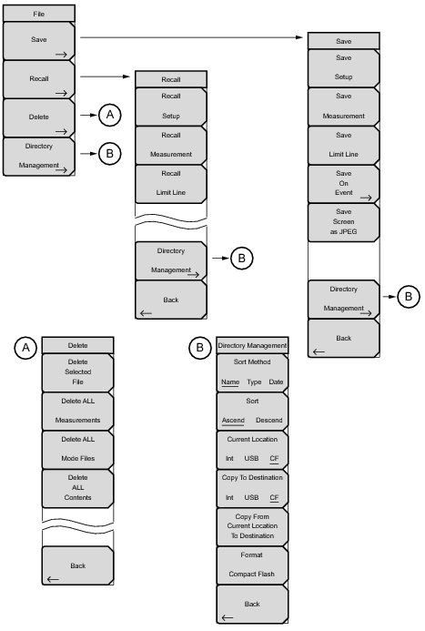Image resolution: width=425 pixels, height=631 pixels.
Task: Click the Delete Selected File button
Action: point(78,374)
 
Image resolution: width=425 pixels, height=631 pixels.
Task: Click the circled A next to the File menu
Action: point(109,115)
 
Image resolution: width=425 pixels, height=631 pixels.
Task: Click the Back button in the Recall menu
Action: point(171,302)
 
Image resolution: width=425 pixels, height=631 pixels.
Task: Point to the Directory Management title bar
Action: point(251,346)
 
